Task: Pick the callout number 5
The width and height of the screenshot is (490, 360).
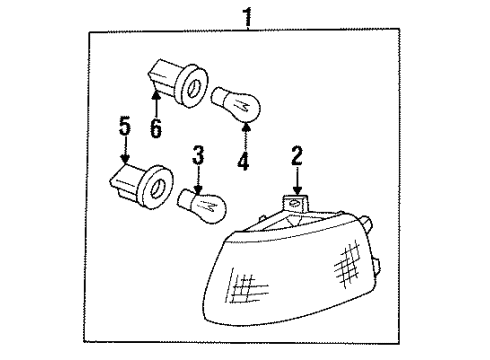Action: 124,127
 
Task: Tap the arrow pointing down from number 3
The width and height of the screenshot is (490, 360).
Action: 198,180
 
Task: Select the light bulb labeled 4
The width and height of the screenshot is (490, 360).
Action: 240,102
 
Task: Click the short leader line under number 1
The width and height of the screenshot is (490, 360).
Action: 246,28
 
